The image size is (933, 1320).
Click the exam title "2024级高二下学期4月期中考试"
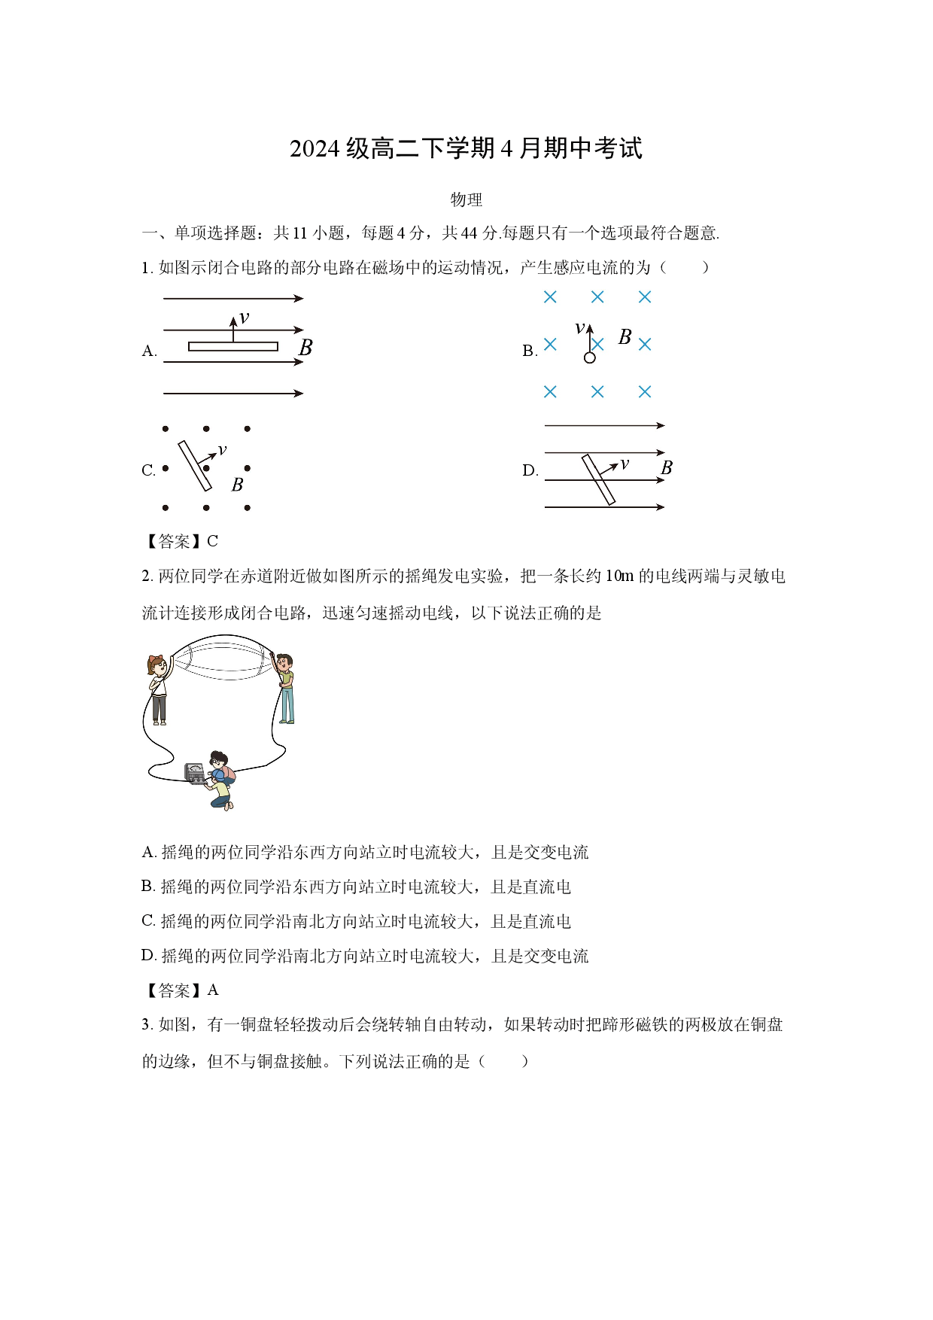pos(466,148)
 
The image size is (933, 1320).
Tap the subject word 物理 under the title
pos(466,199)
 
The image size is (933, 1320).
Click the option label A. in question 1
pos(149,351)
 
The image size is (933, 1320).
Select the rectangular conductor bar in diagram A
pos(233,346)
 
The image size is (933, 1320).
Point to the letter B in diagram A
pos(305,348)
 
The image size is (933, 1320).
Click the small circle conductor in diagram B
pos(589,357)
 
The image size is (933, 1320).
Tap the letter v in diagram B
pos(579,328)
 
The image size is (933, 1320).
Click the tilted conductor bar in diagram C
pos(195,466)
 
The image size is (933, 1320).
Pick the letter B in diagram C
pos(237,485)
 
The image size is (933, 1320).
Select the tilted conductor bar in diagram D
pos(599,479)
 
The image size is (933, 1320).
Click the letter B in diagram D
pos(666,468)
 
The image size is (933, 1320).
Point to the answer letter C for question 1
pos(213,541)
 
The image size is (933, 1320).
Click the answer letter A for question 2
pos(213,990)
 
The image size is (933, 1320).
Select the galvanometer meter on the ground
pos(195,773)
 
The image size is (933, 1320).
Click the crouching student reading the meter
pos(220,780)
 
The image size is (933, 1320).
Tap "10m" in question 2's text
pos(619,576)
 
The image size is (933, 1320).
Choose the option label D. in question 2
pos(149,956)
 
